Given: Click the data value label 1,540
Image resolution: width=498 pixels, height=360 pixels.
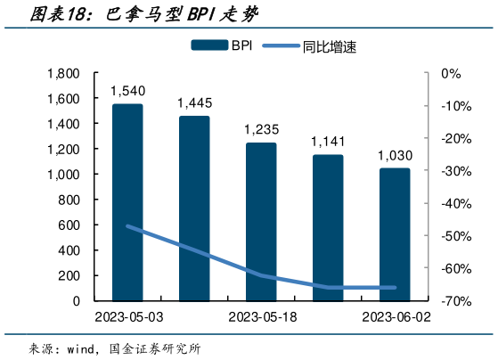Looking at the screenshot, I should pyautogui.click(x=127, y=90).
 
